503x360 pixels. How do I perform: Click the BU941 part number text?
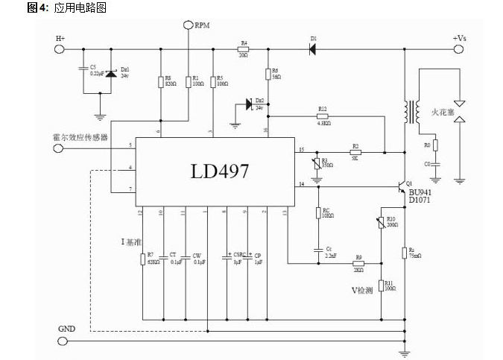tap(420, 192)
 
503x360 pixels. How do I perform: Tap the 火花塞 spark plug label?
tap(443, 113)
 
